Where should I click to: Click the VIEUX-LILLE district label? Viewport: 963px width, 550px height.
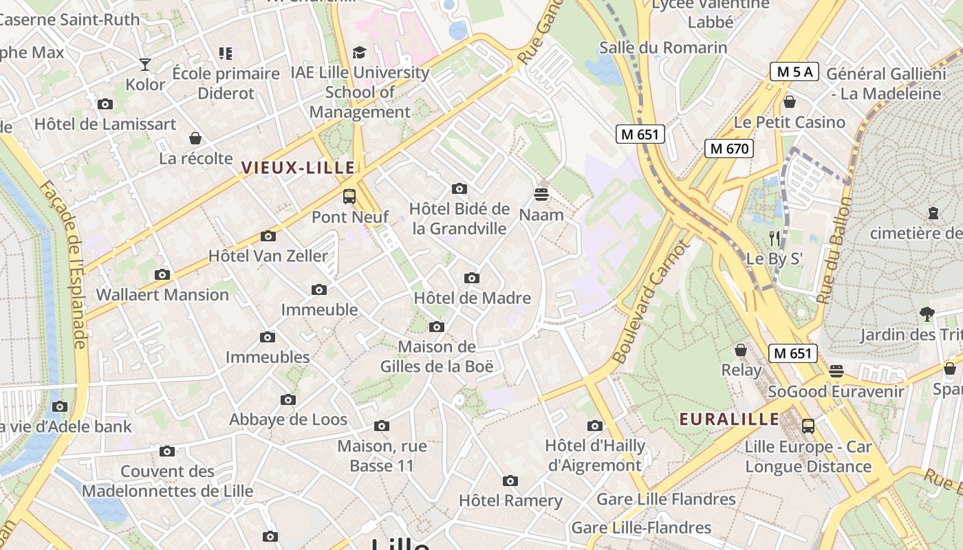pos(298,167)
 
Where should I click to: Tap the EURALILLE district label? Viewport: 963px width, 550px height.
pos(729,419)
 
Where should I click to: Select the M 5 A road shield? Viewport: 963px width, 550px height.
pos(794,71)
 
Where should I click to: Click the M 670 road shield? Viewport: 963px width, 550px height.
pos(728,148)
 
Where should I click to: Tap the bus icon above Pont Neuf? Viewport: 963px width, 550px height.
pos(349,197)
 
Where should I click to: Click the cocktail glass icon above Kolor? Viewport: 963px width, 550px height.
pos(144,65)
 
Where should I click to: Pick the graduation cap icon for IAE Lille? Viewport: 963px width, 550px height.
pos(359,53)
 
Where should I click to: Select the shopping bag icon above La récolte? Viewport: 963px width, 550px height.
pos(195,138)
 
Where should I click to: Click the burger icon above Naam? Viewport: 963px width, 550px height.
pos(541,195)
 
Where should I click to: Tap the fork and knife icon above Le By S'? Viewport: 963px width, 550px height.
pos(775,239)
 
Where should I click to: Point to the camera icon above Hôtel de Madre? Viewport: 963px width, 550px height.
pos(471,278)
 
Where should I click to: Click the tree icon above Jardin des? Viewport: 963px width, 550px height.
pos(927,314)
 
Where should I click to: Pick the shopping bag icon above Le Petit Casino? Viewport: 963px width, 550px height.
pos(789,102)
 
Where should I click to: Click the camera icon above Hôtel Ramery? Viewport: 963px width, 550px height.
pos(510,481)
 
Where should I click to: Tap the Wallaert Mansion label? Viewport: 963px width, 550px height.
pos(162,295)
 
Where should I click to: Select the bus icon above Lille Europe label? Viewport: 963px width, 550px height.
pos(808,426)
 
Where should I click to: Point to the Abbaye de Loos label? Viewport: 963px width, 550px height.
pos(288,419)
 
